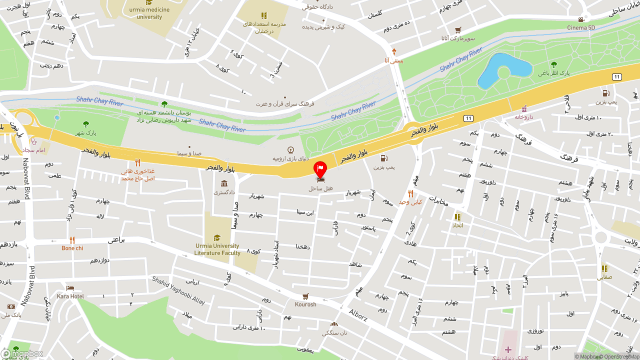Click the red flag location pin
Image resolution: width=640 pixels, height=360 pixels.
pos(320,169)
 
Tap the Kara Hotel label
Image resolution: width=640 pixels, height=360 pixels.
pos(70,296)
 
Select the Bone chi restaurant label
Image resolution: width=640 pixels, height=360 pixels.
pos(72,248)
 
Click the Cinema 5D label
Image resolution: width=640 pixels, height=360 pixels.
pos(581,27)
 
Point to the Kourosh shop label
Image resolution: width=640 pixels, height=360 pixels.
pos(305,304)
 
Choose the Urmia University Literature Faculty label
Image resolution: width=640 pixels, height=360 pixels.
pos(217,249)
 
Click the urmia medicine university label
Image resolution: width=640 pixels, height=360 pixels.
pos(149,13)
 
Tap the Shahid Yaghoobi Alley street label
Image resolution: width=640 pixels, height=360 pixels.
pos(178,291)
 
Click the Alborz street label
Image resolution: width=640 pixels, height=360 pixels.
pos(358,315)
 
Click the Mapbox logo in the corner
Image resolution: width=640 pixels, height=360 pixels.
pos(22,353)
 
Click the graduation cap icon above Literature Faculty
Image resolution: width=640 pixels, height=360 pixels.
pos(217,237)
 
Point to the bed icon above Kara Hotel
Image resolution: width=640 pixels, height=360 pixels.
pos(70,288)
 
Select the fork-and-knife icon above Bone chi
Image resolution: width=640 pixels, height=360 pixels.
pos(72,240)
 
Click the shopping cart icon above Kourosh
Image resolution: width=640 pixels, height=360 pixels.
pos(305,296)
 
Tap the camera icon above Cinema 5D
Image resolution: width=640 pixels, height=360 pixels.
pos(581,19)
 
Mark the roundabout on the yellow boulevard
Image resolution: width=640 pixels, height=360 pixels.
pos(414,132)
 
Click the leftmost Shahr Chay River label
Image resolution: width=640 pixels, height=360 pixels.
pos(100,101)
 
